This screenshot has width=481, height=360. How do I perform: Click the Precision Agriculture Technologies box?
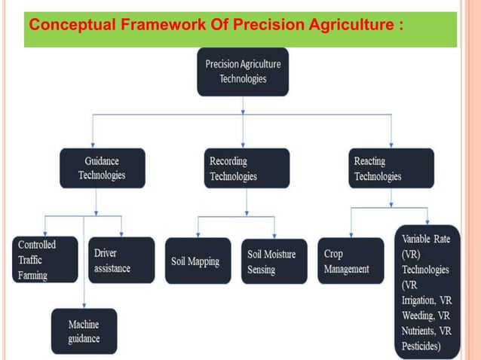(242, 72)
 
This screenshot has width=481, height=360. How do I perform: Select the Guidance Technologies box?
(102, 168)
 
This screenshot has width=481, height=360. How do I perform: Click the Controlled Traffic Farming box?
(44, 260)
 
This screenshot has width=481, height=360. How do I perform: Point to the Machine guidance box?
(84, 331)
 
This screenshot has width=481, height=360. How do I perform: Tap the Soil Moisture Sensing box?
(273, 261)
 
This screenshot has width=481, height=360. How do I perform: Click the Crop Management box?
(350, 261)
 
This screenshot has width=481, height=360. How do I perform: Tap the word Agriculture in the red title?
(349, 25)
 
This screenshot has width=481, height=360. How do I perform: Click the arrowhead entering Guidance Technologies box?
(93, 144)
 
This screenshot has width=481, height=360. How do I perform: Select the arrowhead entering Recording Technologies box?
(243, 144)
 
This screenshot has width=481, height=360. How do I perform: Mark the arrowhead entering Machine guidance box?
(84, 304)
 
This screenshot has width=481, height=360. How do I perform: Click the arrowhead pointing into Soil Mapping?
(198, 233)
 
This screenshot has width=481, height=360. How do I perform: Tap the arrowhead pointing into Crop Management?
(350, 233)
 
